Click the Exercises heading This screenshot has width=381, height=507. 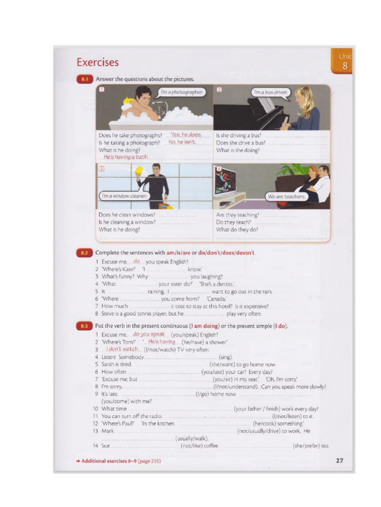click(x=98, y=62)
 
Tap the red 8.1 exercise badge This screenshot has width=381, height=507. click(x=84, y=79)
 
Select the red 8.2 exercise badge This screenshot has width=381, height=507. click(x=84, y=253)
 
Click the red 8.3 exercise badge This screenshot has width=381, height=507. click(x=84, y=326)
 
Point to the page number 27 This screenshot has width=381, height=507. click(x=339, y=460)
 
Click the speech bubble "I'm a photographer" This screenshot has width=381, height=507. click(x=182, y=92)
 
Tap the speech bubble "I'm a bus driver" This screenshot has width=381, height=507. click(x=270, y=92)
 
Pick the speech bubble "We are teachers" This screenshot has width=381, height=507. click(x=286, y=197)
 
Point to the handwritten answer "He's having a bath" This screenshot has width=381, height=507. click(x=126, y=157)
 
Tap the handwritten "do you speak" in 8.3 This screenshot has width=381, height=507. click(x=149, y=334)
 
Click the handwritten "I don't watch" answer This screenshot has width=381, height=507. click(x=122, y=349)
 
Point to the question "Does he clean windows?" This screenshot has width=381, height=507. click(x=127, y=215)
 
